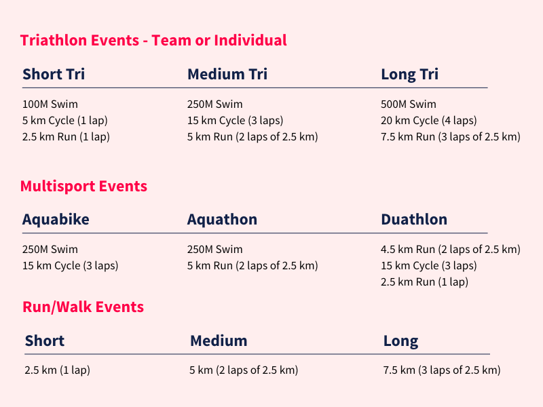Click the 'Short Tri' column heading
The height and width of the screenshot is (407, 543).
(54, 74)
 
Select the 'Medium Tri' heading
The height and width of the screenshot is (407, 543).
(227, 74)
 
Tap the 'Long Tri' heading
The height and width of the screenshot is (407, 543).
(410, 75)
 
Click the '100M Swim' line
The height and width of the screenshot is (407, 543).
(50, 104)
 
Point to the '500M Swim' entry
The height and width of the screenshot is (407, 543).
(409, 104)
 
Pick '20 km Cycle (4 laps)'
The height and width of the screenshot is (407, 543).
(429, 121)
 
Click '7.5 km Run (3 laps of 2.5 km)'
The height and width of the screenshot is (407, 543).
(451, 137)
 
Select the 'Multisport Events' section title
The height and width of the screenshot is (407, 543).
(83, 186)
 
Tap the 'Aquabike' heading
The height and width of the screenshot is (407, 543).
(56, 219)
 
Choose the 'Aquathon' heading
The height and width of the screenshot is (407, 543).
(223, 219)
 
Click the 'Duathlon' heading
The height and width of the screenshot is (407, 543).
(414, 219)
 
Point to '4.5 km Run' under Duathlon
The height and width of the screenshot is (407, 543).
(408, 249)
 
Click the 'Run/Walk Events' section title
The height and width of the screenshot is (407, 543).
(83, 307)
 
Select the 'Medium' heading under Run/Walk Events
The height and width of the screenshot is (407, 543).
(219, 341)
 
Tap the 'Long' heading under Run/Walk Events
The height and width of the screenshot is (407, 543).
(400, 342)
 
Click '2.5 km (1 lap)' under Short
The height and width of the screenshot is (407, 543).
(58, 370)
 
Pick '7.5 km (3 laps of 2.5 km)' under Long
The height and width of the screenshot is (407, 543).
(442, 370)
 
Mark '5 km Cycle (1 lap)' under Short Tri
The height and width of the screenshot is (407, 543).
(65, 121)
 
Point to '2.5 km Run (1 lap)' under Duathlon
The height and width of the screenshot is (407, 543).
(425, 282)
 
